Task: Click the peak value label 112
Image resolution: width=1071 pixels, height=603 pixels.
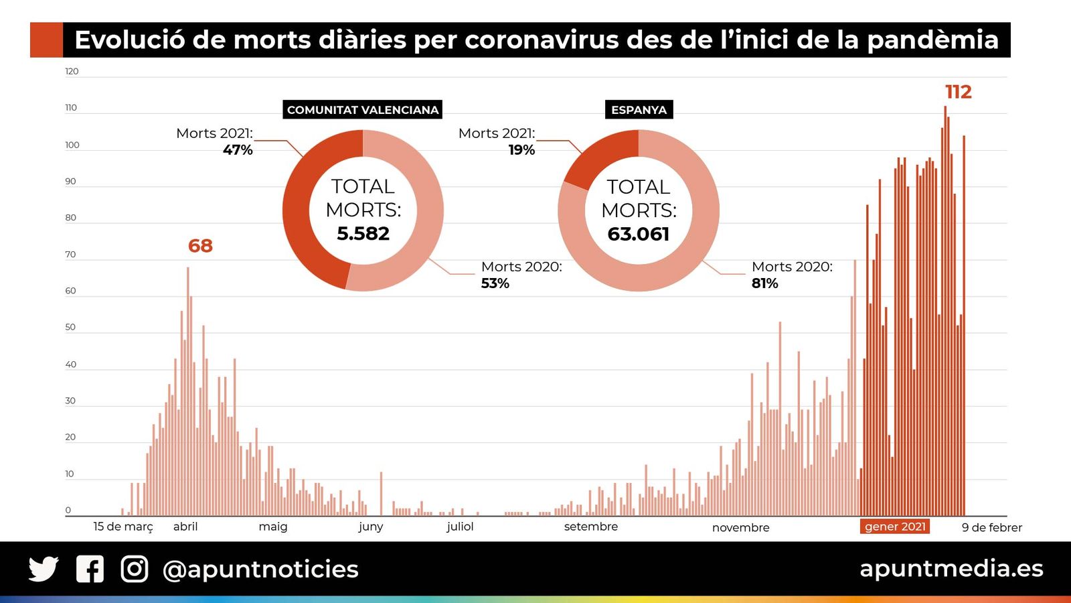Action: (958, 92)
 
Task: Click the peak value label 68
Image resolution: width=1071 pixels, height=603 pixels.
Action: (200, 246)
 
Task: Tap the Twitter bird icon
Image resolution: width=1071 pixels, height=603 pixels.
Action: (44, 569)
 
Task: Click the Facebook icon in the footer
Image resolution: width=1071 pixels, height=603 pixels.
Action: (90, 569)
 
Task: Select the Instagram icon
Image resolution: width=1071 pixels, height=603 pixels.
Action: (135, 569)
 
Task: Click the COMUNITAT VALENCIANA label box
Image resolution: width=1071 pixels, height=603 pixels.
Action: (362, 110)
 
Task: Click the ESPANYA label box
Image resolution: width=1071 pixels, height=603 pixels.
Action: (639, 110)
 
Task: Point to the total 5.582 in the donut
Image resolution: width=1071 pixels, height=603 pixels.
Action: (363, 233)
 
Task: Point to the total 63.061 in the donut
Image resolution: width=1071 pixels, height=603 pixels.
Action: (639, 234)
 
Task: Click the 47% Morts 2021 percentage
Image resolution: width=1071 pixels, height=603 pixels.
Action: (238, 150)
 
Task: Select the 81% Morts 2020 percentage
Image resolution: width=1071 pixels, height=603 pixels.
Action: (764, 283)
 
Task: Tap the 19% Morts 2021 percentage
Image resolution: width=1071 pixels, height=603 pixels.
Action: (521, 150)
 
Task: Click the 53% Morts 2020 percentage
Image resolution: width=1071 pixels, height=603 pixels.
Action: (495, 283)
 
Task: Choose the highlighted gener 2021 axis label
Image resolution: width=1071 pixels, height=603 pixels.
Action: (895, 527)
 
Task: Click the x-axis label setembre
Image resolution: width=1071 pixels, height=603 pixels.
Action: (590, 527)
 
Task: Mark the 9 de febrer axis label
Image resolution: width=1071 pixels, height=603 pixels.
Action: (991, 528)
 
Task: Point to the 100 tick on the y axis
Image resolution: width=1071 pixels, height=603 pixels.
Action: (72, 145)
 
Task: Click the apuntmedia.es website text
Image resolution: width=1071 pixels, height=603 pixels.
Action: (951, 568)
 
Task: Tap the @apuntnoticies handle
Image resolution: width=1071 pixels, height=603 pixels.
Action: (260, 569)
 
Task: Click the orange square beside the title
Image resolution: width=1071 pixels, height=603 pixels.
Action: (46, 40)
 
